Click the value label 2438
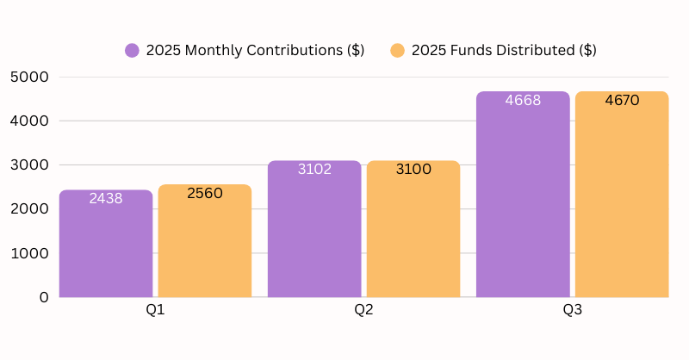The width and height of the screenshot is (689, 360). point(106,198)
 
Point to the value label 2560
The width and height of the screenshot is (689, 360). point(205,193)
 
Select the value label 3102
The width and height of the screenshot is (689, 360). point(314,169)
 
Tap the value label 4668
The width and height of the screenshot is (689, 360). point(523,100)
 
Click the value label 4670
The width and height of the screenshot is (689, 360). point(622,100)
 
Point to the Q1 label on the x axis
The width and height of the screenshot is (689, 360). point(155,309)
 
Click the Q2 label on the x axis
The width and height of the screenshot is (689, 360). point(363,309)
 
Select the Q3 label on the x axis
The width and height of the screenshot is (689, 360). point(572,309)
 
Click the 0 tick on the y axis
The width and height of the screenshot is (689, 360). point(44,297)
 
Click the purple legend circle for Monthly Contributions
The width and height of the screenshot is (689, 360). point(132,50)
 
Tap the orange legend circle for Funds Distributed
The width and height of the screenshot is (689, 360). point(397,50)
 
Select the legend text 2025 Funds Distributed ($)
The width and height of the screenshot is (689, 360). point(504,50)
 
